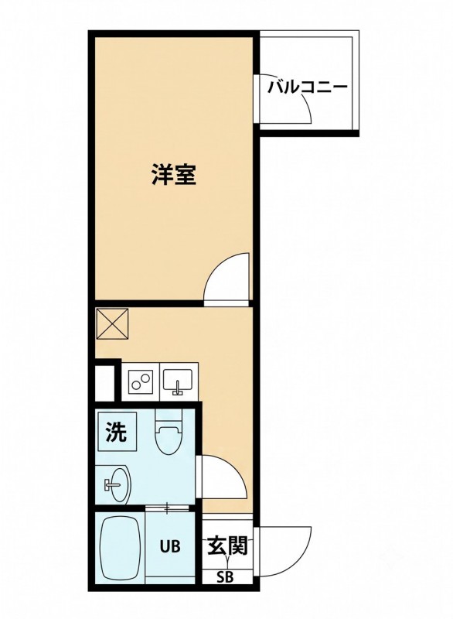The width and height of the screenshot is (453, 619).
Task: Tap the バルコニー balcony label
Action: [308, 87]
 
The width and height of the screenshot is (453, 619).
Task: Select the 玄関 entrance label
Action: [227, 545]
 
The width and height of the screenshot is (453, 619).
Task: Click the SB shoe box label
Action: [225, 577]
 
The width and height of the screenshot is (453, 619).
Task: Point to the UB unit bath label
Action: [170, 546]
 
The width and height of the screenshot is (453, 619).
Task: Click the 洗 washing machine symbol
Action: [117, 432]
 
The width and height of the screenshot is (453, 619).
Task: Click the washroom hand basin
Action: [115, 483]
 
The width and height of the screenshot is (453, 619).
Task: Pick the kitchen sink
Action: [178, 381]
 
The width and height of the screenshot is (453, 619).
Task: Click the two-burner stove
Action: [141, 381]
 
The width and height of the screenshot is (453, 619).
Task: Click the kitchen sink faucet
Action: [178, 388]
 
